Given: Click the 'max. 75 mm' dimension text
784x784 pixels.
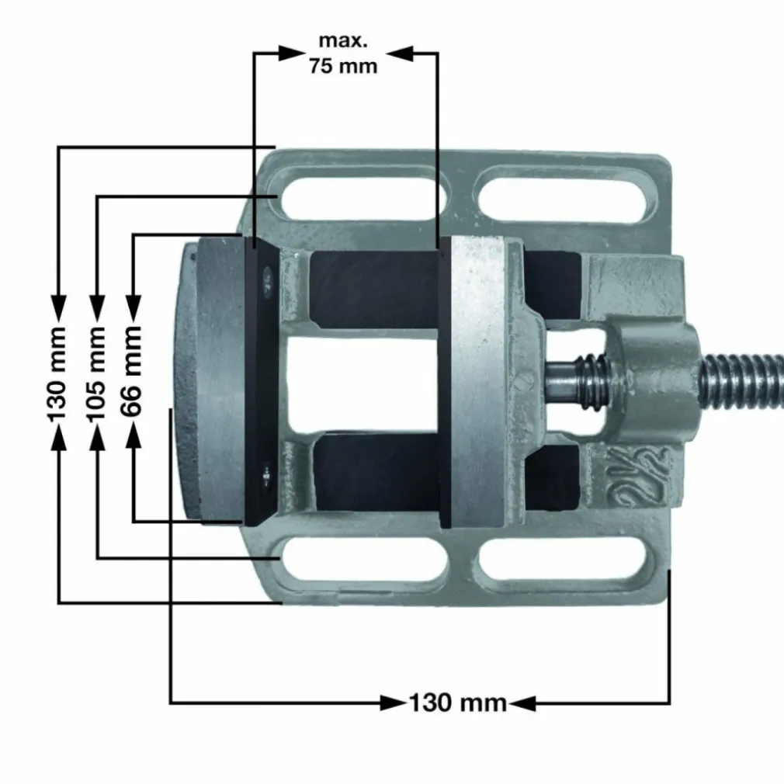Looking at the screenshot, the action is [x=343, y=54].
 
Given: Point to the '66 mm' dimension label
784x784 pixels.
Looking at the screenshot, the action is [x=132, y=371].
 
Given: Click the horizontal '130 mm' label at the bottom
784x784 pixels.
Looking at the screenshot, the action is [x=458, y=703].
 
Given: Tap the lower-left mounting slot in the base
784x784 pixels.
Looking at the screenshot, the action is [x=365, y=559].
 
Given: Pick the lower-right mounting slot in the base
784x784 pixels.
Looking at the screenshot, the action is [x=563, y=559].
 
